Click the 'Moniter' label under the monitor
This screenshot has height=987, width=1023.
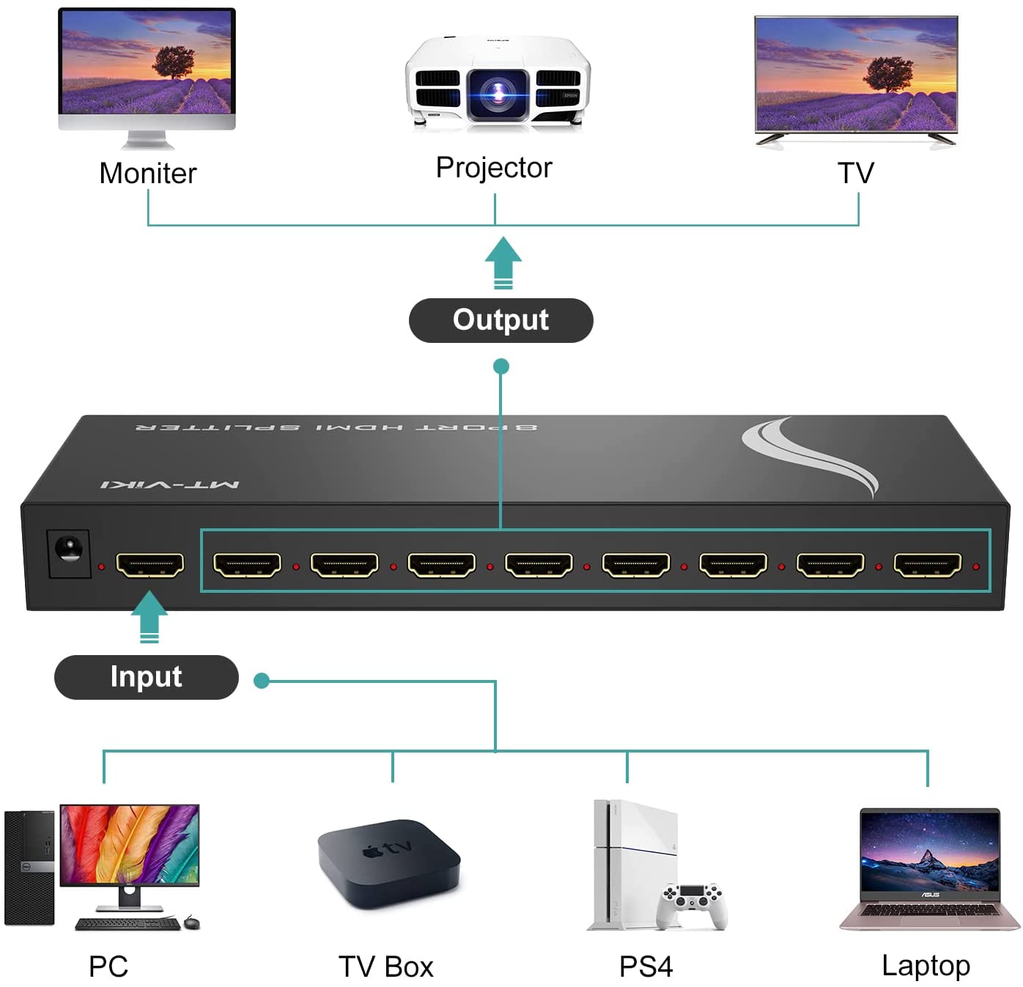148,174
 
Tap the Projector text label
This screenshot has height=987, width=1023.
494,168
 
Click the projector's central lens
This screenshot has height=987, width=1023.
498,93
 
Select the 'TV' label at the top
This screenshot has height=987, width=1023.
856,174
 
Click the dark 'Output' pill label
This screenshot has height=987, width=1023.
501,320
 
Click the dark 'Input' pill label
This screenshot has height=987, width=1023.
147,677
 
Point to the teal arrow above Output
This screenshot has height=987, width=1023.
503,262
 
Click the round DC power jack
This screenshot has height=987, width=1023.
69,550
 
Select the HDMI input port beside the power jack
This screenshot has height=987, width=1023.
149,565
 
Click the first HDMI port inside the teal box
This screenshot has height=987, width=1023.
247,565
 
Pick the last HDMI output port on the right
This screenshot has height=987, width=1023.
927,565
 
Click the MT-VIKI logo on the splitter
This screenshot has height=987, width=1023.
170,484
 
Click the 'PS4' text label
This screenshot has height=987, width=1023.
646,966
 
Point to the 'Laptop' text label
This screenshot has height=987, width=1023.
926,966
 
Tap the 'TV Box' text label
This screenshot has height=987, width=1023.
386,967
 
